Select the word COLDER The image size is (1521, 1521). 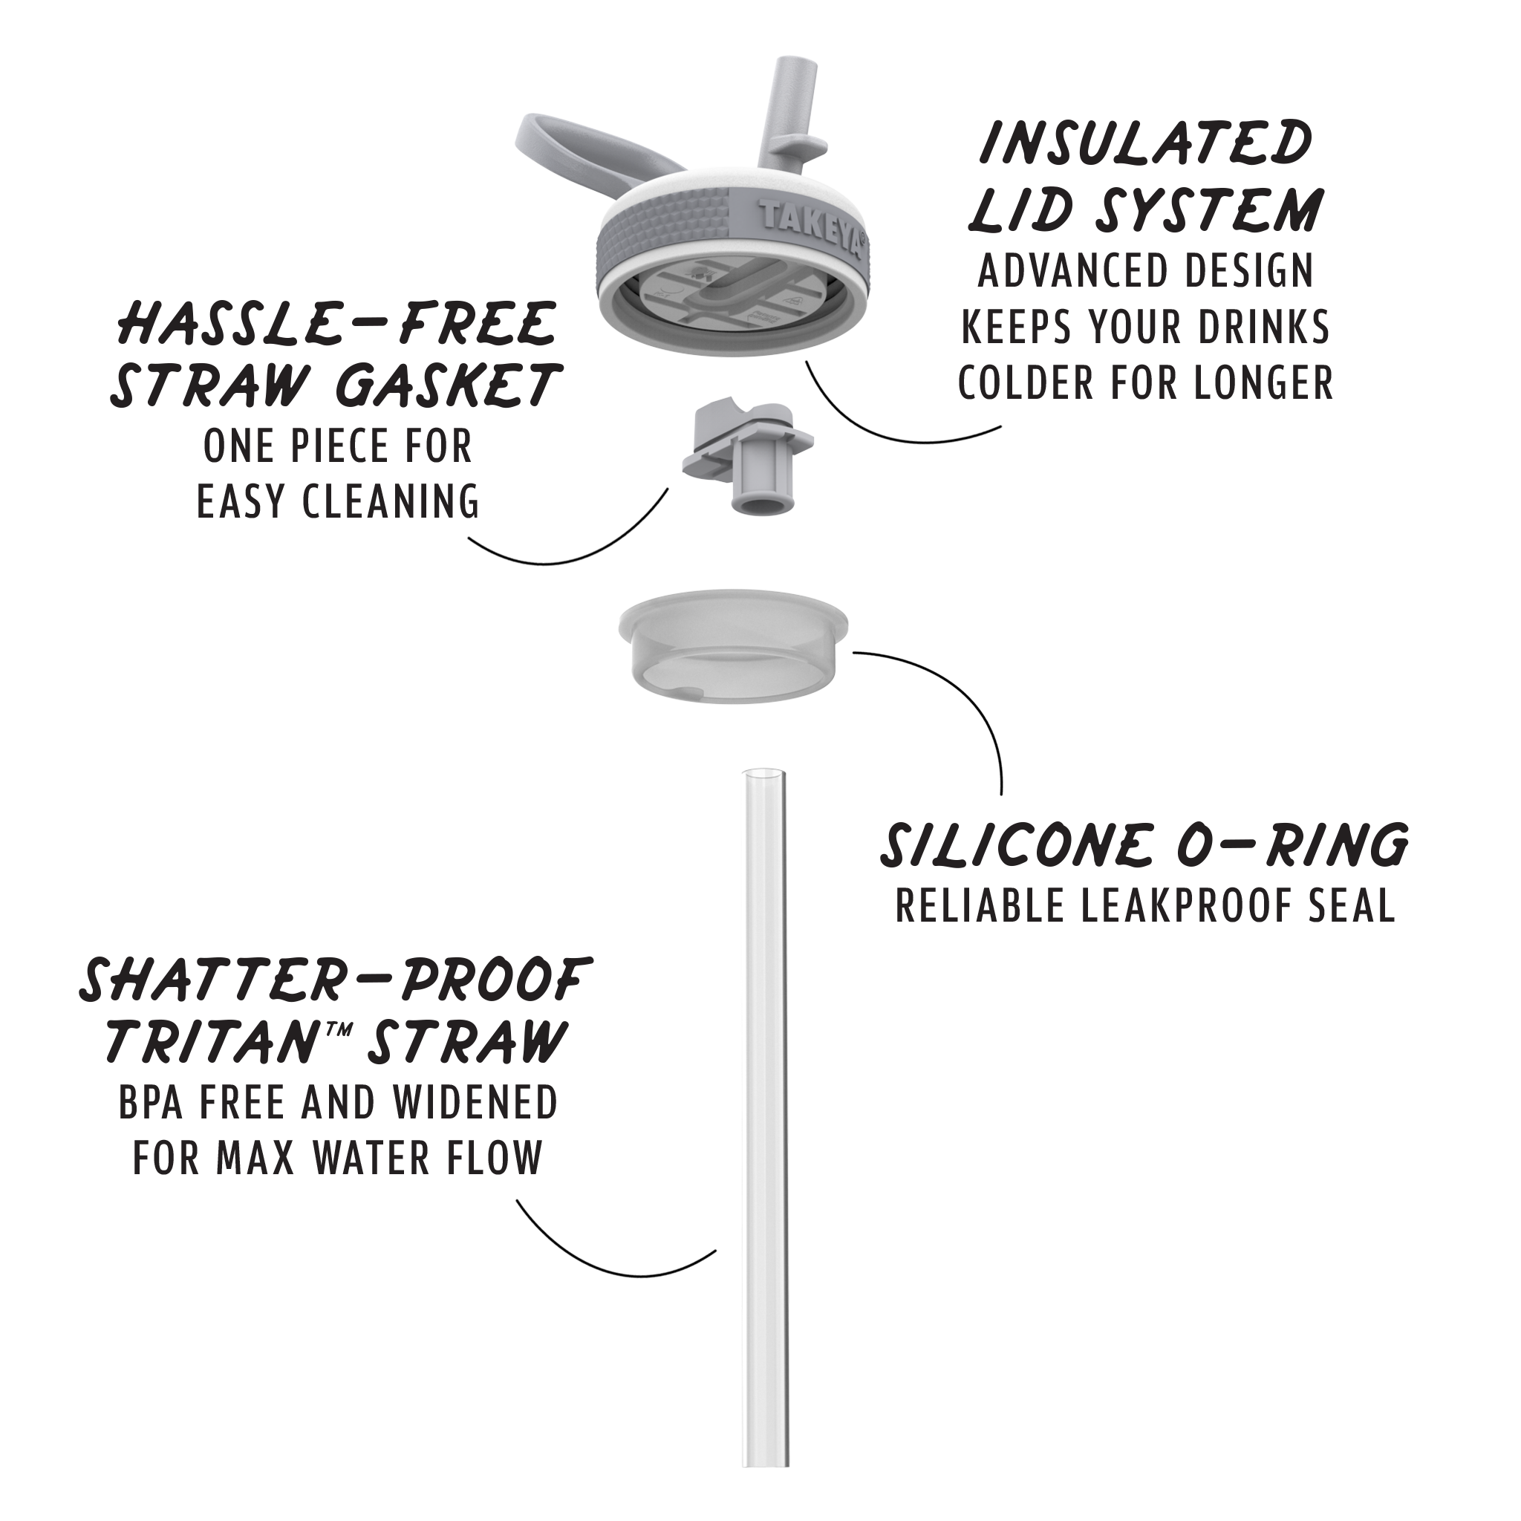point(1014,383)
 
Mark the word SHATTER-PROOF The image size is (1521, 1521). point(336,980)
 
